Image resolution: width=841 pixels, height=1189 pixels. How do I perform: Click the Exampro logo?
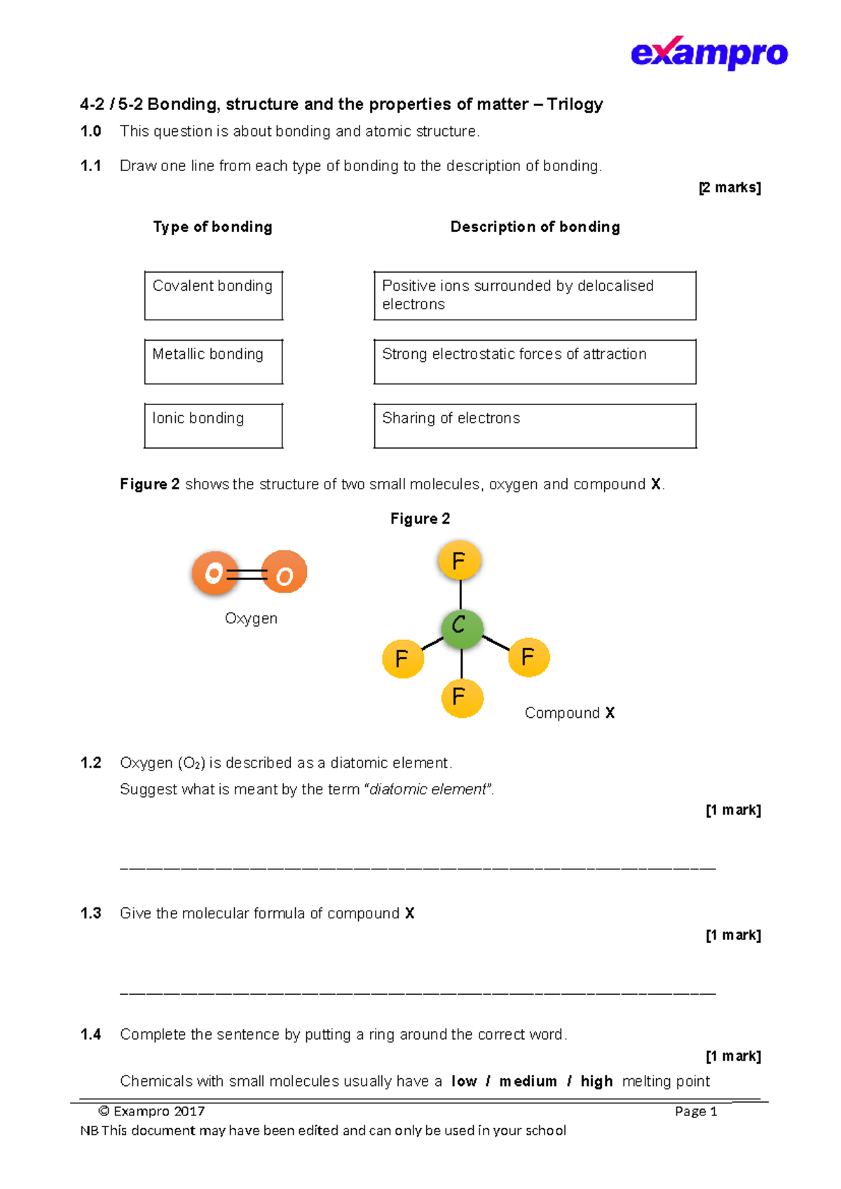709,53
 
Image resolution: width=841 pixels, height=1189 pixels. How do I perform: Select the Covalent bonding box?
213,295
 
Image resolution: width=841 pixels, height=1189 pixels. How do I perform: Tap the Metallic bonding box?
213,362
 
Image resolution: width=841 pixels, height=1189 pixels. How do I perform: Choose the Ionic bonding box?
213,426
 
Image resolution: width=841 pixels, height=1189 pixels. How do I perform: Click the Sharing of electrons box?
535,426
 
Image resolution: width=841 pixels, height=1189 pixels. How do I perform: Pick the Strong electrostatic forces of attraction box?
535,362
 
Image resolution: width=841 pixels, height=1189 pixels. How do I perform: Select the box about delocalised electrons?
535,295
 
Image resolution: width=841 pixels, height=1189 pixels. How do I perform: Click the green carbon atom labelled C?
461,627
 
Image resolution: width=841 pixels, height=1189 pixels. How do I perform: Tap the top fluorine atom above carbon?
459,561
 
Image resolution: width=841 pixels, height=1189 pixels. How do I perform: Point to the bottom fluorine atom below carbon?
462,698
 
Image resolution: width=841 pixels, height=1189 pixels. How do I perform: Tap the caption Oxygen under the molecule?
251,618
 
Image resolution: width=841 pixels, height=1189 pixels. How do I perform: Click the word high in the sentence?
596,1081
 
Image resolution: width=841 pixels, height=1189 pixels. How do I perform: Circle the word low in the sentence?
464,1081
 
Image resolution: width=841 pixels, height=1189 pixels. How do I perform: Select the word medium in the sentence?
528,1081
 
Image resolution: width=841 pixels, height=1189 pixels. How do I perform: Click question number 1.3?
91,913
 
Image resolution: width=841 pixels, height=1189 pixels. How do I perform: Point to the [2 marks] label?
730,187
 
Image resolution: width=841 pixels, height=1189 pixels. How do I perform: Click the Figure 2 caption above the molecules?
420,519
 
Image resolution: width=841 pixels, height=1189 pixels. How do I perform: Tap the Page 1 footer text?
695,1111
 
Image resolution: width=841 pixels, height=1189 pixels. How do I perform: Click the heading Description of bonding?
535,227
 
